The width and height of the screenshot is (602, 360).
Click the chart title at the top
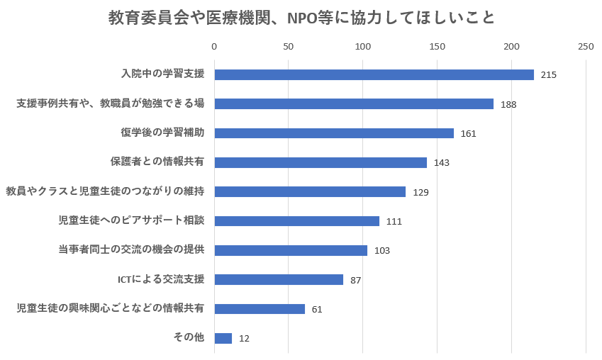[x=301, y=18]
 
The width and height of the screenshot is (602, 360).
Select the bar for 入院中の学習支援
[x=374, y=74]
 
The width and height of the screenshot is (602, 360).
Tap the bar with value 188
[x=354, y=104]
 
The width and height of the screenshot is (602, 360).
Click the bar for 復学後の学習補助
[x=334, y=133]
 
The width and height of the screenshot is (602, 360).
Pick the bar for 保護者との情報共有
[x=320, y=162]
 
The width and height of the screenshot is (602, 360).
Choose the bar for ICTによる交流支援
[x=279, y=280]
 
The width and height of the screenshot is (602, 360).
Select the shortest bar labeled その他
[x=223, y=338]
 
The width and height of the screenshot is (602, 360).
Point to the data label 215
[x=548, y=75]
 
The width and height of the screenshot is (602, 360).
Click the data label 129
[x=420, y=192]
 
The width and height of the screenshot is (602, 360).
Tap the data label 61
[x=317, y=310]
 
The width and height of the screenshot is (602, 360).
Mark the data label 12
[x=244, y=339]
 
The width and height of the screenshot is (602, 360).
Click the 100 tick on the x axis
[x=363, y=47]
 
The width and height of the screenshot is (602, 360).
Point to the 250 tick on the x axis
[x=586, y=47]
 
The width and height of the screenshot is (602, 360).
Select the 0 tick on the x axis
[x=214, y=47]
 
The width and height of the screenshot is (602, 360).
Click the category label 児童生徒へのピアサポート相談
[x=131, y=220]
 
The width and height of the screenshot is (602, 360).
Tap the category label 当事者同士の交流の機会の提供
[x=131, y=249]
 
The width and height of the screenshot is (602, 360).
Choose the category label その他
[x=189, y=337]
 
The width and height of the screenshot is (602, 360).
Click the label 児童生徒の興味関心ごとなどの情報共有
[x=110, y=308]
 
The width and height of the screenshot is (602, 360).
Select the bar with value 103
[x=291, y=250]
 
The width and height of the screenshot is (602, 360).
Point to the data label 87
[x=355, y=281]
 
